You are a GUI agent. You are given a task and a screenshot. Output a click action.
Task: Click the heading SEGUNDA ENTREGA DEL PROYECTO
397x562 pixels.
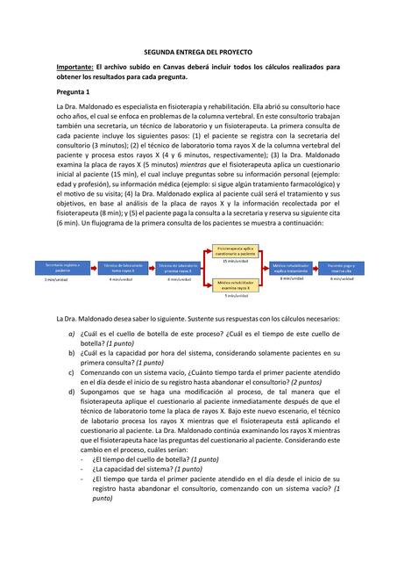[198, 54]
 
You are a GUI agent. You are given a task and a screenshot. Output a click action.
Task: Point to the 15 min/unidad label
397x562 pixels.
[234, 261]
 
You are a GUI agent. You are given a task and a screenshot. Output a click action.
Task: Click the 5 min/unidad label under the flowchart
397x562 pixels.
[234, 297]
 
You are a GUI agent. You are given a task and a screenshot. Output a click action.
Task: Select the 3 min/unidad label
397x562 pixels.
[57, 279]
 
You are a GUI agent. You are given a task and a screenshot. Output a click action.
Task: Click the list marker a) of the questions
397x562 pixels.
[71, 335]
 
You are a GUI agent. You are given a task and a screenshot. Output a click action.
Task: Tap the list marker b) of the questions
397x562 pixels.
[71, 354]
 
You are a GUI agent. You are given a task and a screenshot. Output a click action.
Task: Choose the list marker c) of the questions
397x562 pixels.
[71, 373]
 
